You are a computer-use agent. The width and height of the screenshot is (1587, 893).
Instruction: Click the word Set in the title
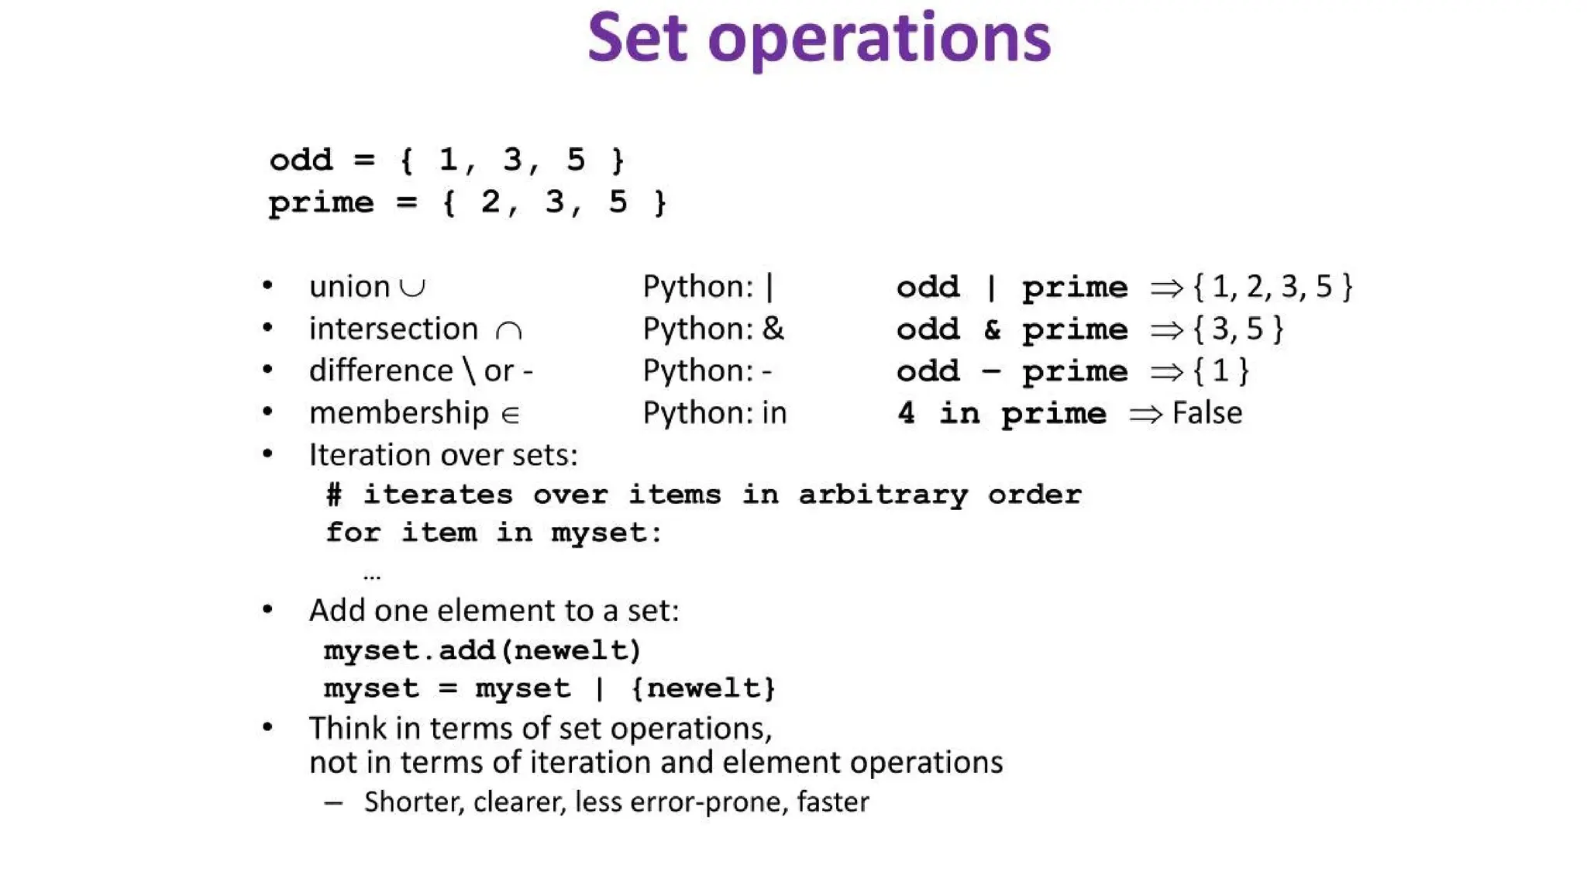click(637, 39)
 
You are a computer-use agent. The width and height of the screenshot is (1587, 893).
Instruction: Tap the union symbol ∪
click(412, 288)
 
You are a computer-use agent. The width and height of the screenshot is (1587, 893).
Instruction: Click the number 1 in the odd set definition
click(448, 160)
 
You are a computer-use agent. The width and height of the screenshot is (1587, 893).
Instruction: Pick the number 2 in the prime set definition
click(490, 202)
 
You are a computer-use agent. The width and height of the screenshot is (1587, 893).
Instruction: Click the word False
click(1207, 413)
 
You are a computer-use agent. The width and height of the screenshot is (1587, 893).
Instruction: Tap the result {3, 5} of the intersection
click(1238, 329)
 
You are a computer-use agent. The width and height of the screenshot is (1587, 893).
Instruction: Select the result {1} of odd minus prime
click(1220, 371)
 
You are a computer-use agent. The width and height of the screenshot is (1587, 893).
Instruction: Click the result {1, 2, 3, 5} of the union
click(1272, 287)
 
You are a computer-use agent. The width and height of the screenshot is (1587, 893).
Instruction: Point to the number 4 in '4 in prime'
click(906, 413)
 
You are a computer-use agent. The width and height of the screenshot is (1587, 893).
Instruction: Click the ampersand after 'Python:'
click(773, 329)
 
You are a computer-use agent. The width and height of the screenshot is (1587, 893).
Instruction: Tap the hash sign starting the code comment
click(334, 495)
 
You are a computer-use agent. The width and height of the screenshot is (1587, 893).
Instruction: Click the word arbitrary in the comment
click(883, 495)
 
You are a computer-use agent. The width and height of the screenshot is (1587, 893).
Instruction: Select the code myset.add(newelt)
click(482, 650)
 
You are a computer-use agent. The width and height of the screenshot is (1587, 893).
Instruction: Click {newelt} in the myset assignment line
click(703, 688)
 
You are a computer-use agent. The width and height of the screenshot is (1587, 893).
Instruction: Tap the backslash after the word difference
click(469, 371)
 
